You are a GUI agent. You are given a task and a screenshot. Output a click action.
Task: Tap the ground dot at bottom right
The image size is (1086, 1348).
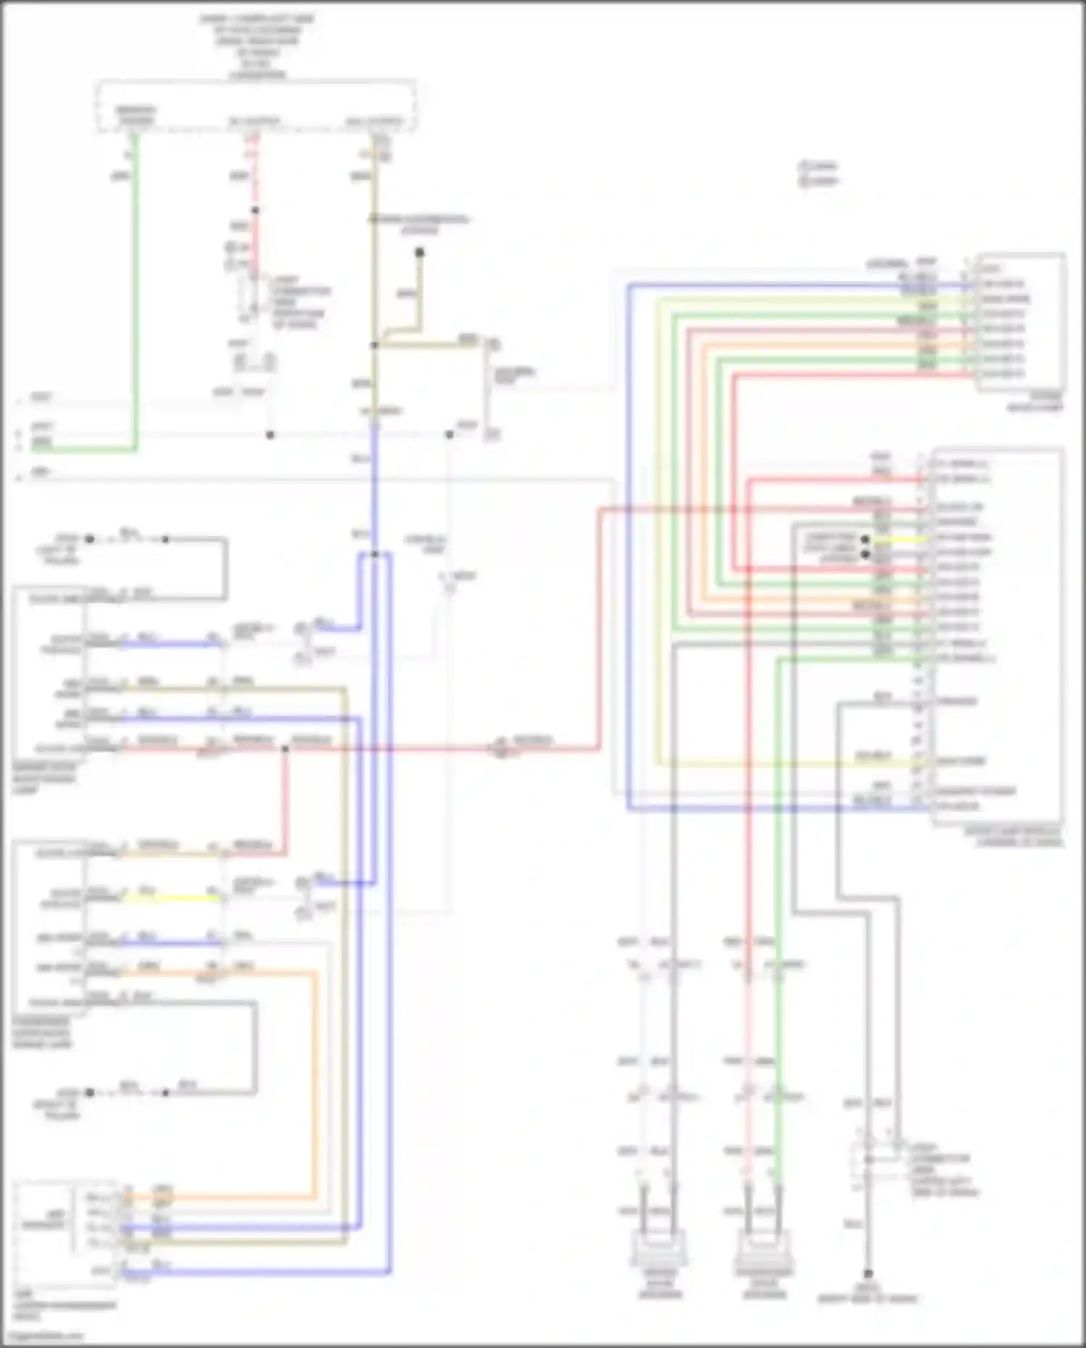tap(868, 1273)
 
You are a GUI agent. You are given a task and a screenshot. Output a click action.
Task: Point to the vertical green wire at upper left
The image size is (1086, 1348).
tap(135, 290)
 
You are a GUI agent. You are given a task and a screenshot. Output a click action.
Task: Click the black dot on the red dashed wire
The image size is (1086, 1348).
tap(255, 211)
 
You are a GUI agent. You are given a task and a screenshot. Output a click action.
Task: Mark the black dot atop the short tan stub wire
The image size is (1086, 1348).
tap(419, 252)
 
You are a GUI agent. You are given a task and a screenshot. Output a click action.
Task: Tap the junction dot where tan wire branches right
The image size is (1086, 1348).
tap(374, 346)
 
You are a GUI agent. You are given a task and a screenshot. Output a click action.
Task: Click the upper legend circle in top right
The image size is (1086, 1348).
tap(804, 166)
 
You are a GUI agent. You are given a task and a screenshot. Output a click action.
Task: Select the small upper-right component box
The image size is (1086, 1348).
tap(1021, 322)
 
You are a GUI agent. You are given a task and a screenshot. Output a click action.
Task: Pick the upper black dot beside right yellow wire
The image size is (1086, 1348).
tap(864, 540)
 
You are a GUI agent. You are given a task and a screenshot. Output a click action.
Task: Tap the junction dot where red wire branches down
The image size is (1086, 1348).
tap(285, 748)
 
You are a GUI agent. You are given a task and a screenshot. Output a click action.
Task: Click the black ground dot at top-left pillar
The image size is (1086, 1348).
tap(90, 539)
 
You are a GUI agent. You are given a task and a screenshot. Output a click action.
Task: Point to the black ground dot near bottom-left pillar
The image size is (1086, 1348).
tap(90, 1092)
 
